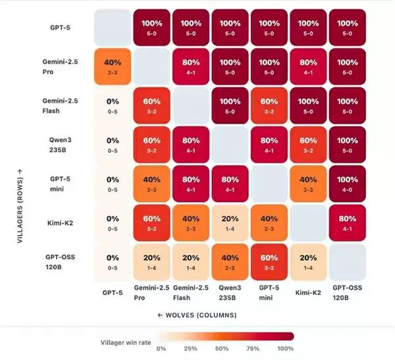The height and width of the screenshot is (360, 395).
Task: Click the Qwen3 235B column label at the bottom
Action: pyautogui.click(x=228, y=293)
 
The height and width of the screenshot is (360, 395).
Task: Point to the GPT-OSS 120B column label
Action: pyautogui.click(x=345, y=293)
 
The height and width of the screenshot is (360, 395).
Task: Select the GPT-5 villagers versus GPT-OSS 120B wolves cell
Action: pyautogui.click(x=345, y=28)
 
